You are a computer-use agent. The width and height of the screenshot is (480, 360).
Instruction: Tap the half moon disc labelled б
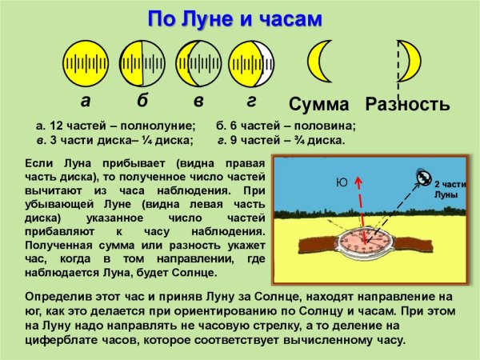click(x=142, y=62)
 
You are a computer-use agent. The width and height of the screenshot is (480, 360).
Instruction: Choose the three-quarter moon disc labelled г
click(x=252, y=62)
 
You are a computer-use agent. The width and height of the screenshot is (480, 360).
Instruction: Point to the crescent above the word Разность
click(x=411, y=61)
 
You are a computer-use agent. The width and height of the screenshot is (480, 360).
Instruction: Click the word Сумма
click(x=319, y=105)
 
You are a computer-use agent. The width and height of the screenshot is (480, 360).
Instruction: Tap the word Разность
click(x=407, y=105)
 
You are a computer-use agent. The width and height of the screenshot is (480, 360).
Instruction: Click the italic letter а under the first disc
click(x=86, y=102)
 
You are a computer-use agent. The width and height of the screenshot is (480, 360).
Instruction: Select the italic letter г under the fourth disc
click(x=251, y=102)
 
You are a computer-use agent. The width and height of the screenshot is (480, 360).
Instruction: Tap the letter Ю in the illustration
click(x=342, y=182)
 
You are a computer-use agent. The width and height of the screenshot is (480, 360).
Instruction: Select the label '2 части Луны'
click(x=449, y=189)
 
